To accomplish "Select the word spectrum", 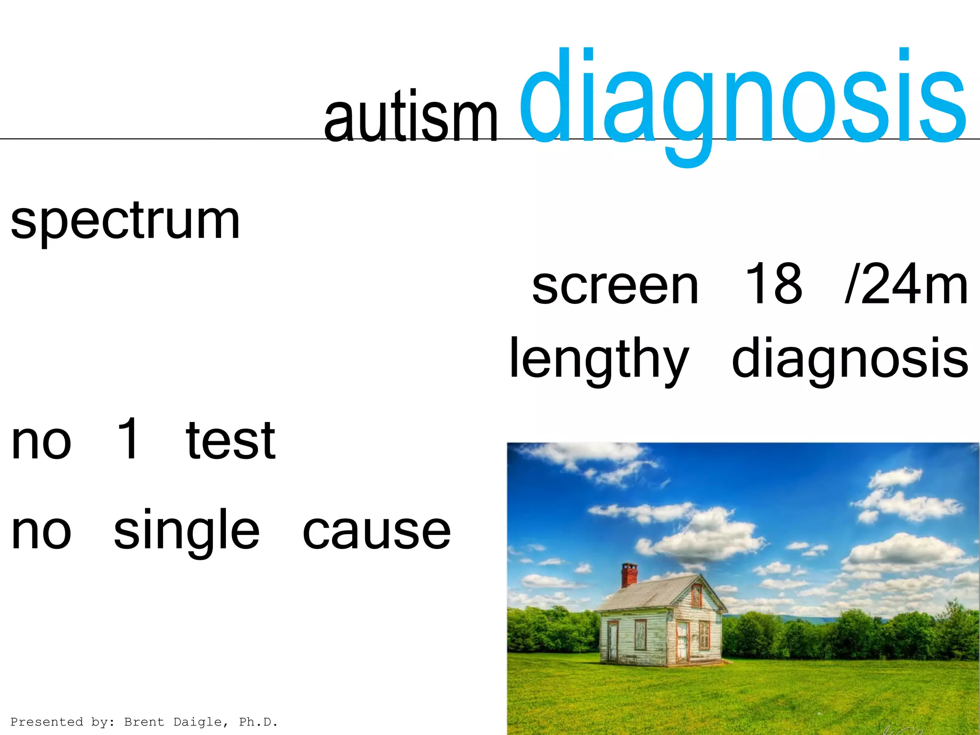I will tap(125, 222).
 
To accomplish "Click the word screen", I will tap(615, 286).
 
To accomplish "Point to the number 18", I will tap(774, 284).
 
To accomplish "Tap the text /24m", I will tap(906, 285).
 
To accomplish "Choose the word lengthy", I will tap(599, 359).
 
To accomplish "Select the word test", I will tap(231, 440).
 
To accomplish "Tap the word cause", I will tap(377, 531).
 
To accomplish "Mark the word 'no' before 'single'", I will tap(42, 531).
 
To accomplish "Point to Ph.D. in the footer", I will tap(258, 722).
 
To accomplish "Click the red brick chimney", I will tap(629, 575).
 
